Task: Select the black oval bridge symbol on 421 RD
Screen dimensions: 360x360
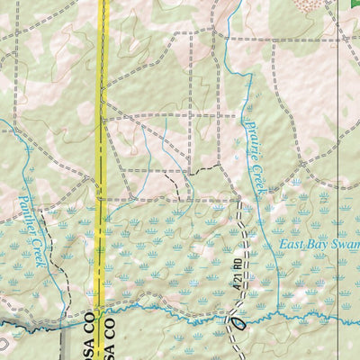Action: (x=238, y=319)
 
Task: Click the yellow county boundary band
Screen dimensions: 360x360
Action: (x=103, y=135)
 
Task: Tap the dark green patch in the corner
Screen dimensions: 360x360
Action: (x=354, y=4)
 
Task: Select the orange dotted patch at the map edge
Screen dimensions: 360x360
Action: (x=314, y=4)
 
